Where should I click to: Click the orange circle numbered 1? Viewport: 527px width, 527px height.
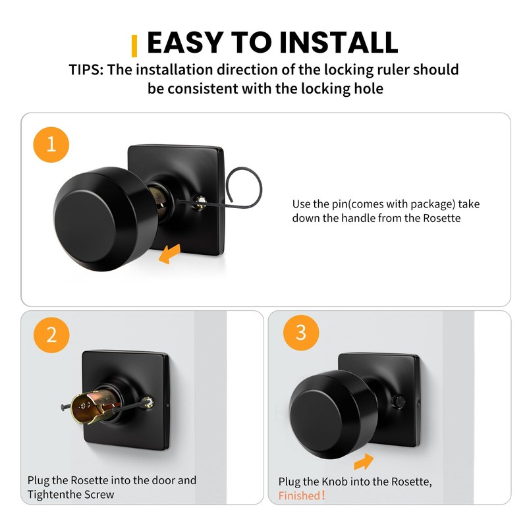51,146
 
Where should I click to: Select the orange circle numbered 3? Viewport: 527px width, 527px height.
300,332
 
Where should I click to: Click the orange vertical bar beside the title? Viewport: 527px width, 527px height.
135,45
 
